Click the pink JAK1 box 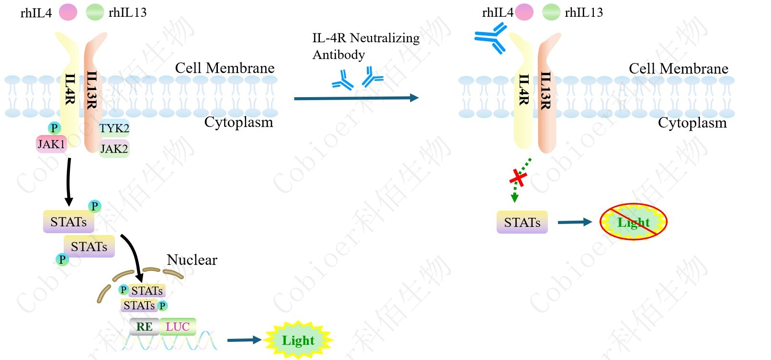click(51, 144)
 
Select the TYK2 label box click(114, 128)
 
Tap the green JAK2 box click(114, 149)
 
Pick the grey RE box click(144, 327)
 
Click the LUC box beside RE click(178, 327)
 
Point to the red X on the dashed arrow click(518, 178)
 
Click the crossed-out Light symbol click(633, 222)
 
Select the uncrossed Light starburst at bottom click(298, 340)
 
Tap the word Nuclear click(192, 260)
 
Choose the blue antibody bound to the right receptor click(491, 38)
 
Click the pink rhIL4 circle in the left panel click(68, 12)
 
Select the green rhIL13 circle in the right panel click(551, 12)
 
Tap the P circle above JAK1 click(54, 128)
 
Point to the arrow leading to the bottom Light click(244, 340)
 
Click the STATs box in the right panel click(522, 222)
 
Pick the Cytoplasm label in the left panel click(238, 122)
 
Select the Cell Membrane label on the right click(678, 69)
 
